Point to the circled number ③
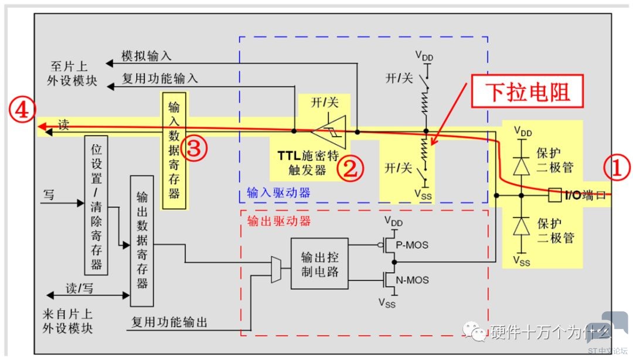pos(194,149)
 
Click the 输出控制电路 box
pos(319,264)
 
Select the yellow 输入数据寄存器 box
pos(174,150)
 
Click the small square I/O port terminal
pos(553,195)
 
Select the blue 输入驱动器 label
pos(278,192)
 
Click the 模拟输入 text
pos(146,56)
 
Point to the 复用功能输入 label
pos(159,77)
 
